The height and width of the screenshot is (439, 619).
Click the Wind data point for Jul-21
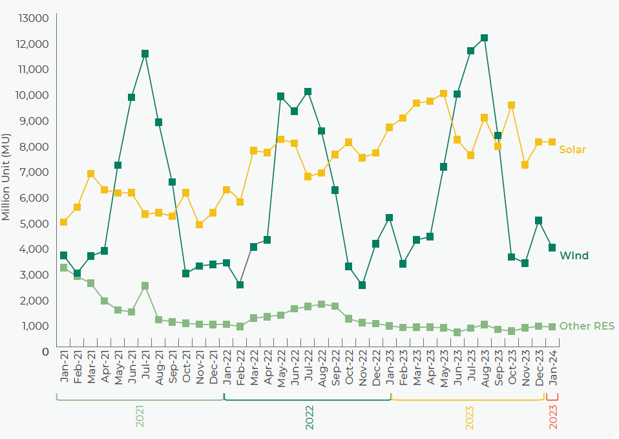145,54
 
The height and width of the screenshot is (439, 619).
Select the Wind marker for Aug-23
484,38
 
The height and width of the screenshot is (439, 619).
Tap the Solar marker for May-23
443,94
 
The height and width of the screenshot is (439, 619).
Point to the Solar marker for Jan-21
63,222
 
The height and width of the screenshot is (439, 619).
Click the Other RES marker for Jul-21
145,286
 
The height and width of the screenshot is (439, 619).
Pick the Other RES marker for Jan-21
63,268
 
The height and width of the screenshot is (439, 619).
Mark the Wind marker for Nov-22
362,285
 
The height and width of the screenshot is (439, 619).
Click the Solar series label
572,150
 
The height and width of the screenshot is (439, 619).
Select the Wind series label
574,256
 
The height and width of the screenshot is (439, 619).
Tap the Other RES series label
587,326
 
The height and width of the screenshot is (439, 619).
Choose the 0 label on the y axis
45,352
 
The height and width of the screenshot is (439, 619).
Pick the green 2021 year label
140,418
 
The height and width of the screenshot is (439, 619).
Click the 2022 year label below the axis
309,418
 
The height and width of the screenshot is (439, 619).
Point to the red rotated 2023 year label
552,418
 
